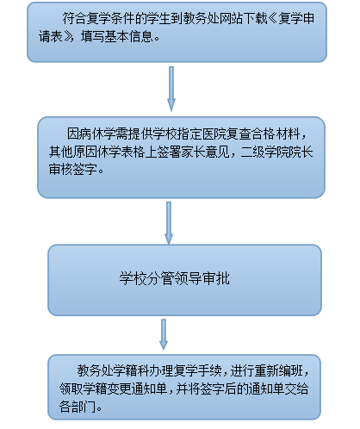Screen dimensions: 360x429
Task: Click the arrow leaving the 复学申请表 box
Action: click(x=171, y=89)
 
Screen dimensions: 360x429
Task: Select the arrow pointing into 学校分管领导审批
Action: click(x=169, y=223)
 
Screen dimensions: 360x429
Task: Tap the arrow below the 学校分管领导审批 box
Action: click(x=164, y=334)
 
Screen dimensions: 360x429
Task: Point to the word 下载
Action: click(x=255, y=19)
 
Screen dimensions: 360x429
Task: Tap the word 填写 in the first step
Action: click(x=92, y=37)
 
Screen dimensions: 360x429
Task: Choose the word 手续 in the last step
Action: click(x=209, y=370)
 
